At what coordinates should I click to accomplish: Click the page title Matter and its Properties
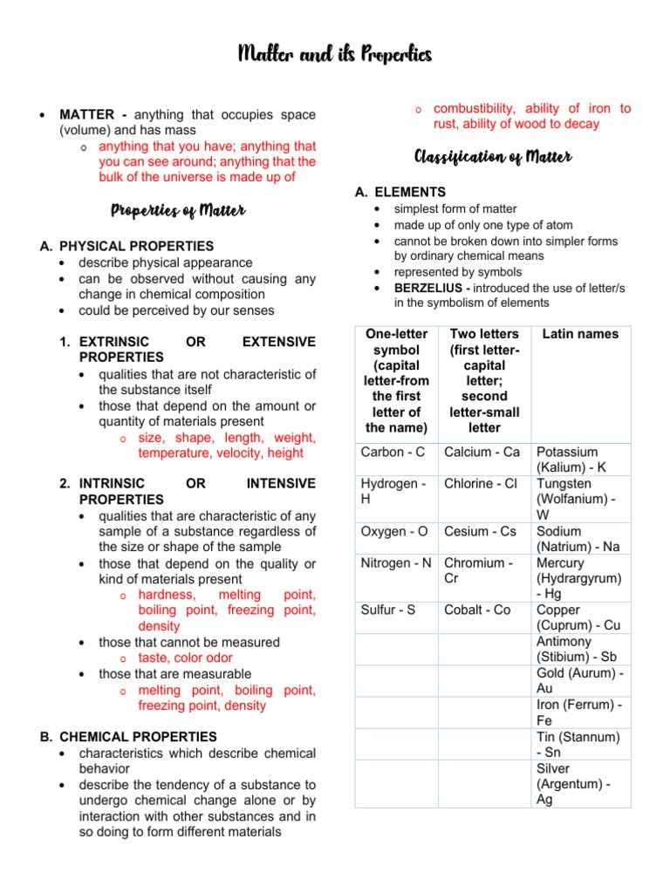pos(335,56)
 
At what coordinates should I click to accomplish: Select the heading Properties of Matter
pos(178,210)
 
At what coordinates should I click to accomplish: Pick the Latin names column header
pos(580,334)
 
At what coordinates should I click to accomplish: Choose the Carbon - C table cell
pos(393,452)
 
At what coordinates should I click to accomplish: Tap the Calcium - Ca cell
pos(482,452)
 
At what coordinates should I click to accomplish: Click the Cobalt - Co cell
pos(477,610)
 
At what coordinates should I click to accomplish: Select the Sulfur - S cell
pos(387,610)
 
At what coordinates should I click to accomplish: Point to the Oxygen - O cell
pos(394,531)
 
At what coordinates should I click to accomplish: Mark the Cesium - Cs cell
pos(480,531)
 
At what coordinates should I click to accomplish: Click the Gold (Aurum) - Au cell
pos(580,681)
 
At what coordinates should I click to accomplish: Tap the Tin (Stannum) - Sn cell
pos(578,744)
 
